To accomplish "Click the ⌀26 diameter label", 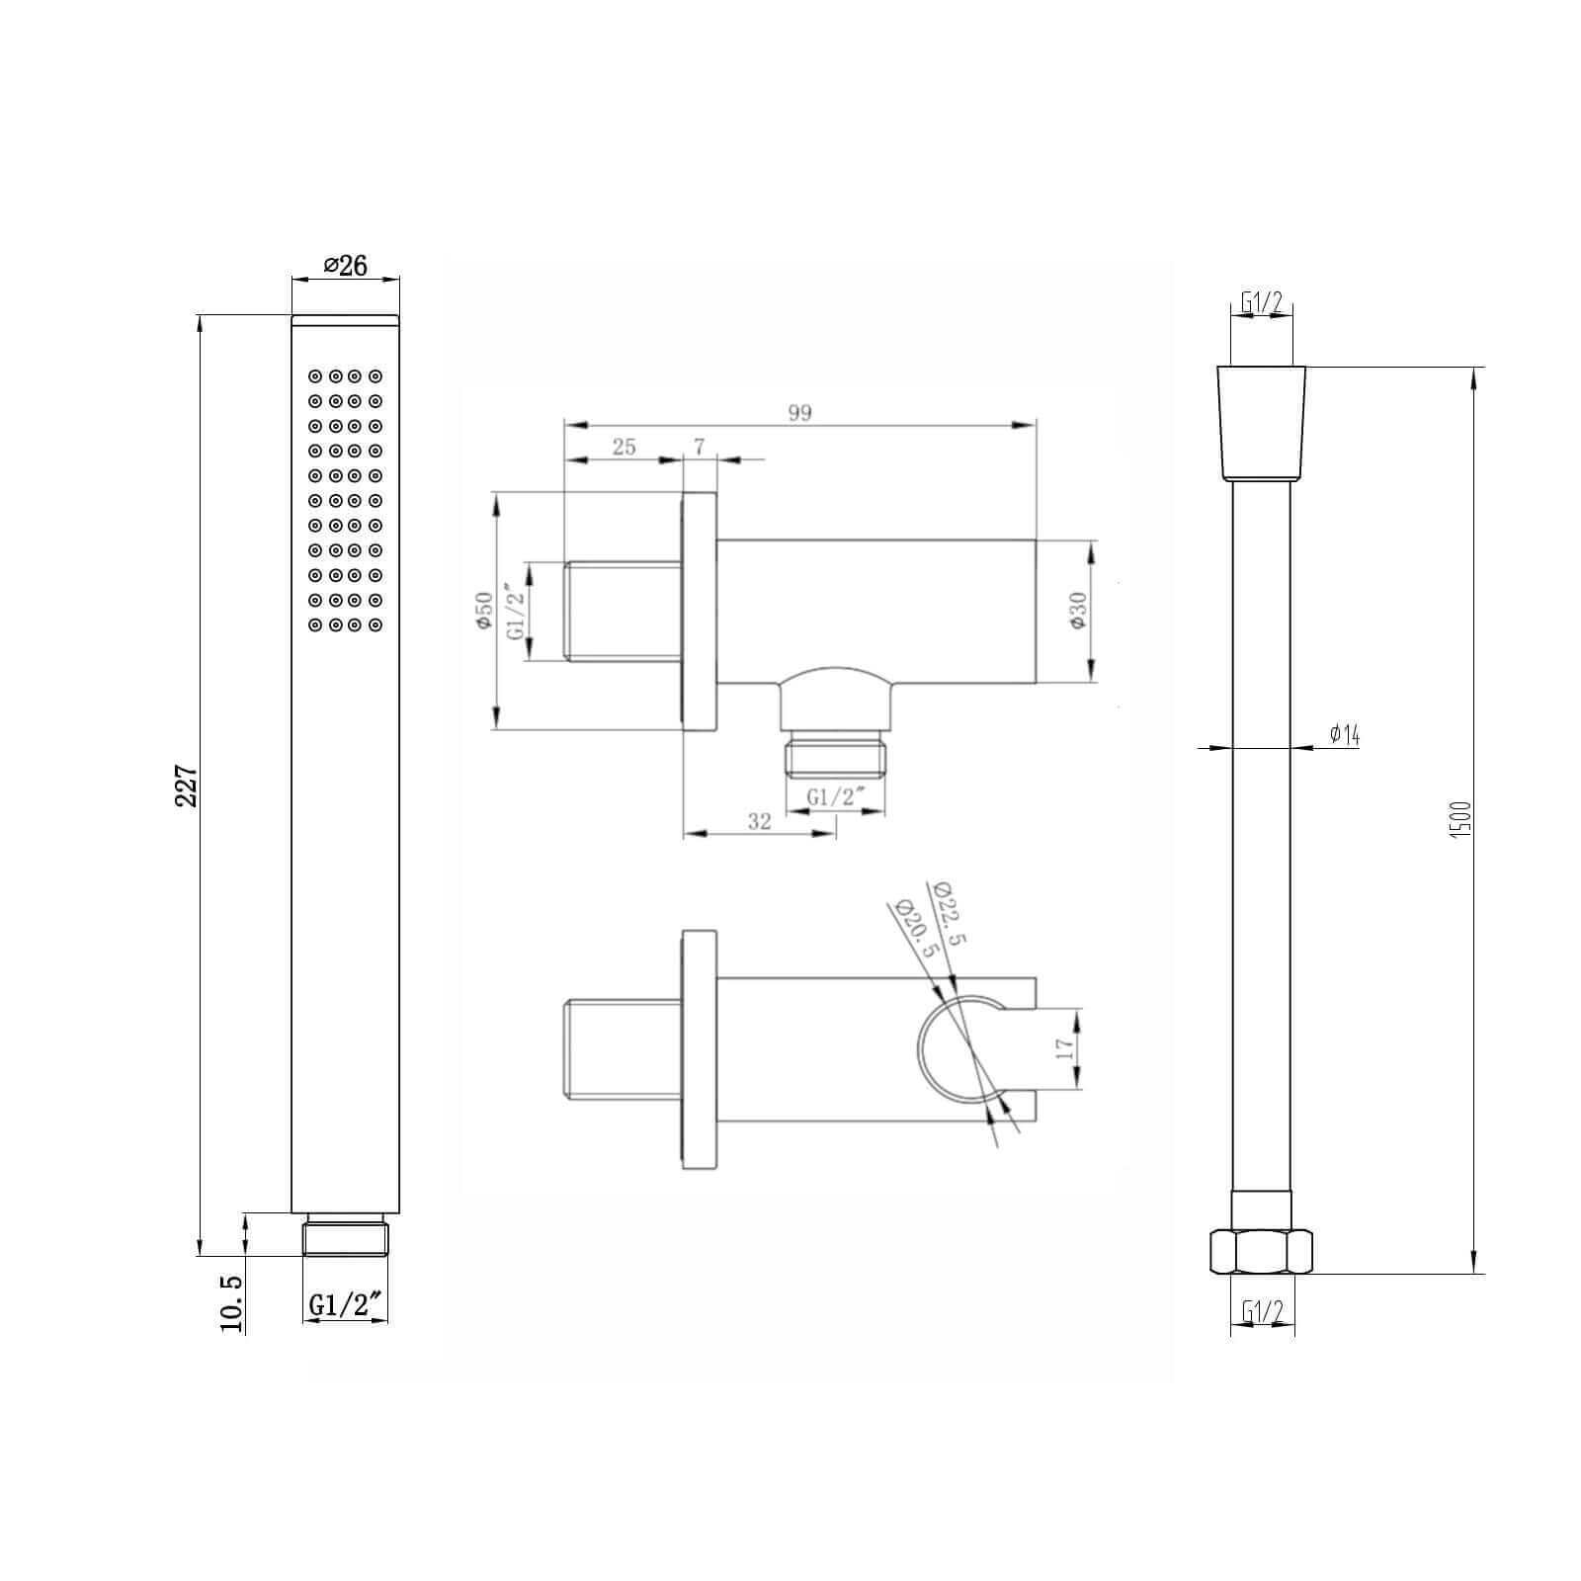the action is pyautogui.click(x=345, y=266).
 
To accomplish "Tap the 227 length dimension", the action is pyautogui.click(x=187, y=786).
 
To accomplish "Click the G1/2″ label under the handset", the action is pyautogui.click(x=346, y=1304).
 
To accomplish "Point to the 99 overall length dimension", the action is pyautogui.click(x=799, y=413).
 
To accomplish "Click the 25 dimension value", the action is pyautogui.click(x=624, y=447).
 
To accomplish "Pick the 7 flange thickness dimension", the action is pyautogui.click(x=700, y=447).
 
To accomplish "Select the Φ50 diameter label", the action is pyautogui.click(x=484, y=613).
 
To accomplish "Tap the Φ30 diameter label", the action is pyautogui.click(x=1077, y=613).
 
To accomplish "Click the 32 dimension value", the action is pyautogui.click(x=759, y=821).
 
